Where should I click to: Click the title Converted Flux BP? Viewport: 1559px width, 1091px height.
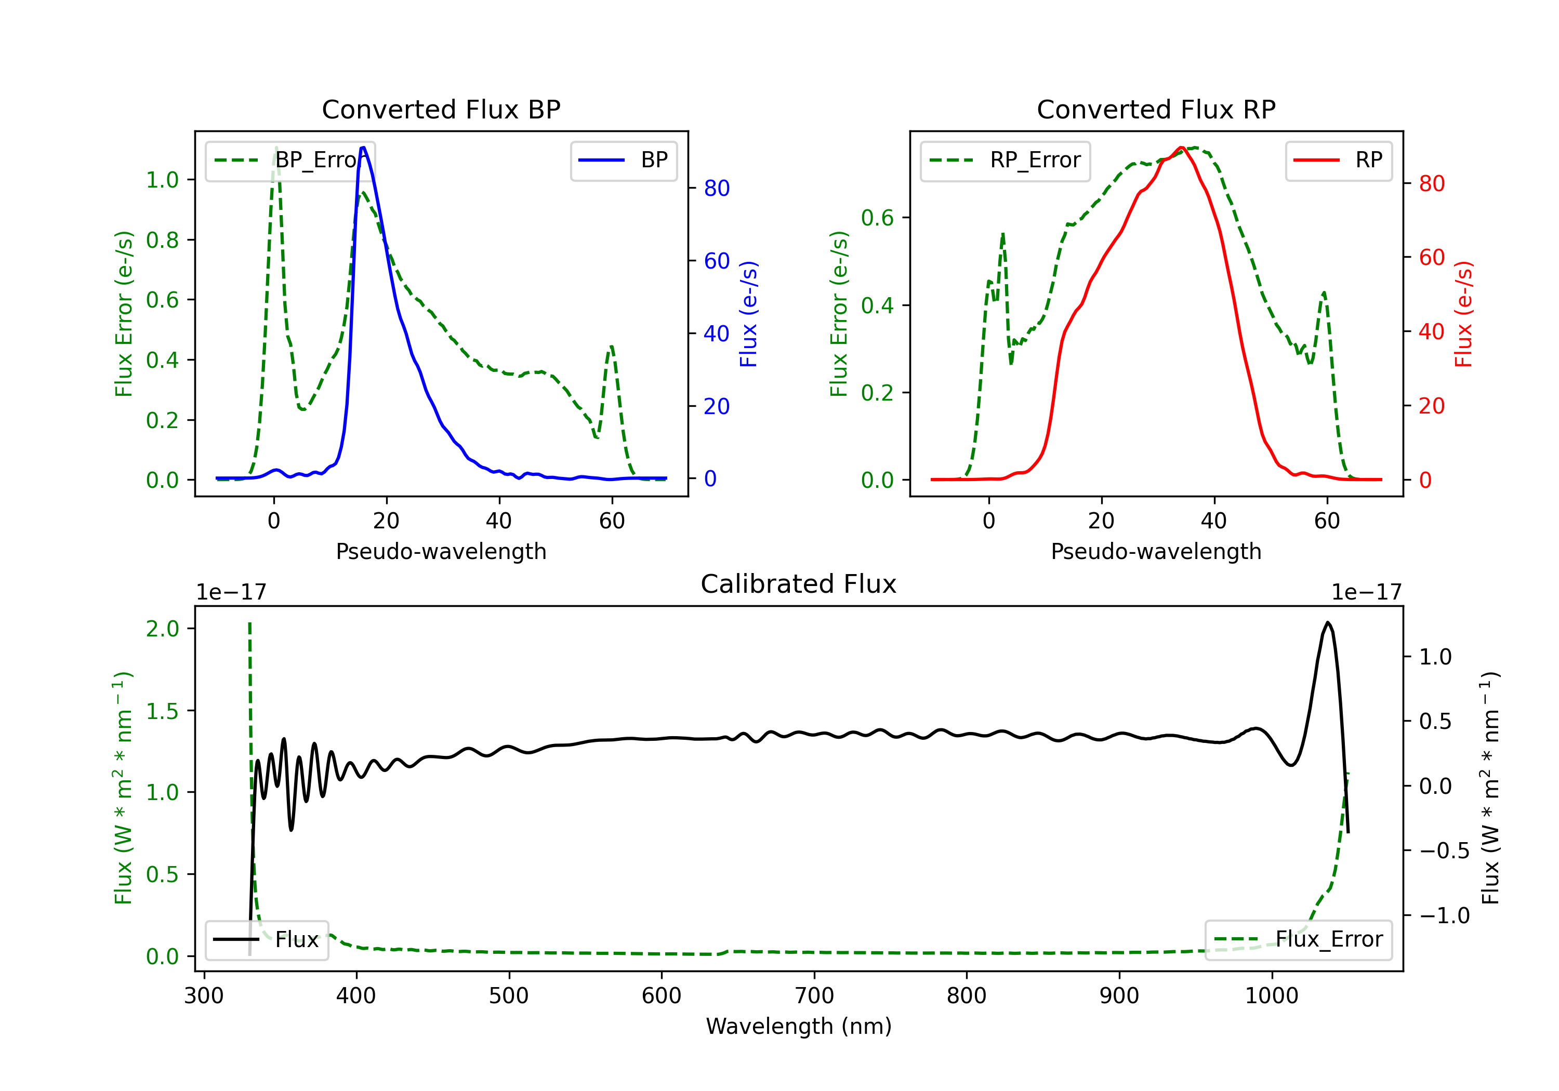441,109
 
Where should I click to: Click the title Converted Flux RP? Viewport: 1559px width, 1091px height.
1156,109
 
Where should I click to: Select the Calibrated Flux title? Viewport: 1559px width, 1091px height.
799,584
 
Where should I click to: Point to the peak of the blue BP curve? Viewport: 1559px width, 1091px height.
363,148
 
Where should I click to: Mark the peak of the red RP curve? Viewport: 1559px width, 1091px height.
1182,148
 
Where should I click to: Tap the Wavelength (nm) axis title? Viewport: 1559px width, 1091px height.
799,1026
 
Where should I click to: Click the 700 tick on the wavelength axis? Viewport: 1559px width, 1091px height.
814,996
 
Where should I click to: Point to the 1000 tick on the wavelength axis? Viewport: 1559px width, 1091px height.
1271,996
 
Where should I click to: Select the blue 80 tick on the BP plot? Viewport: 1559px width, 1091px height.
716,188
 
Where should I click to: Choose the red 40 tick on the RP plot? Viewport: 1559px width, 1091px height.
1431,331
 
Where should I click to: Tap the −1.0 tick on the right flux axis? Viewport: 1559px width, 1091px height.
1435,916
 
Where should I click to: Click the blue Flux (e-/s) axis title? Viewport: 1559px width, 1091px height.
748,314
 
